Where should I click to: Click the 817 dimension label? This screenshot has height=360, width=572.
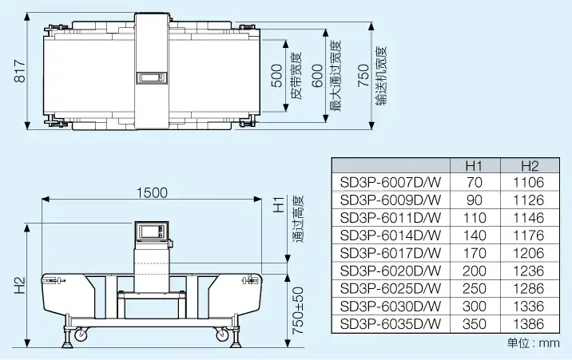tap(19, 71)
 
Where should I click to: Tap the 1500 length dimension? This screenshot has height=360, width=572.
tap(152, 192)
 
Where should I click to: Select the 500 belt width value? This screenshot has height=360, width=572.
tap(277, 76)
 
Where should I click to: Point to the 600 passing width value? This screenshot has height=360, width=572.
tap(318, 76)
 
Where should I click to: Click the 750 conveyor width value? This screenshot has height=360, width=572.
tap(363, 76)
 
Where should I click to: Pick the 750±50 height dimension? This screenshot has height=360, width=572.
tap(298, 311)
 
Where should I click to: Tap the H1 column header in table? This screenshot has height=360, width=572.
tap(475, 166)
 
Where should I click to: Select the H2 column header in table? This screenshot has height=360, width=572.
tap(530, 166)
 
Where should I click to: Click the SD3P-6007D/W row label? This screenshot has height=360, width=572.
tap(391, 182)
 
